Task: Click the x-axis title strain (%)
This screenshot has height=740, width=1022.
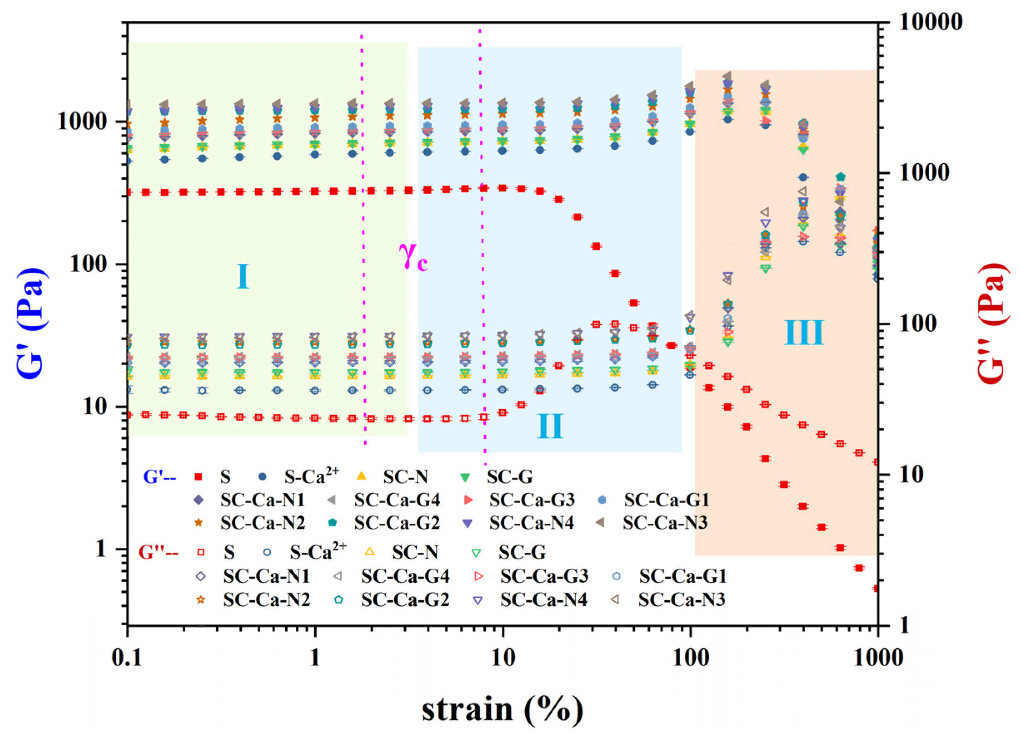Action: [x=502, y=710]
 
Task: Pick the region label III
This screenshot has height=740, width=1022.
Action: [x=804, y=333]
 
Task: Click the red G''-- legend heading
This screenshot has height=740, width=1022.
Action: [x=158, y=552]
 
